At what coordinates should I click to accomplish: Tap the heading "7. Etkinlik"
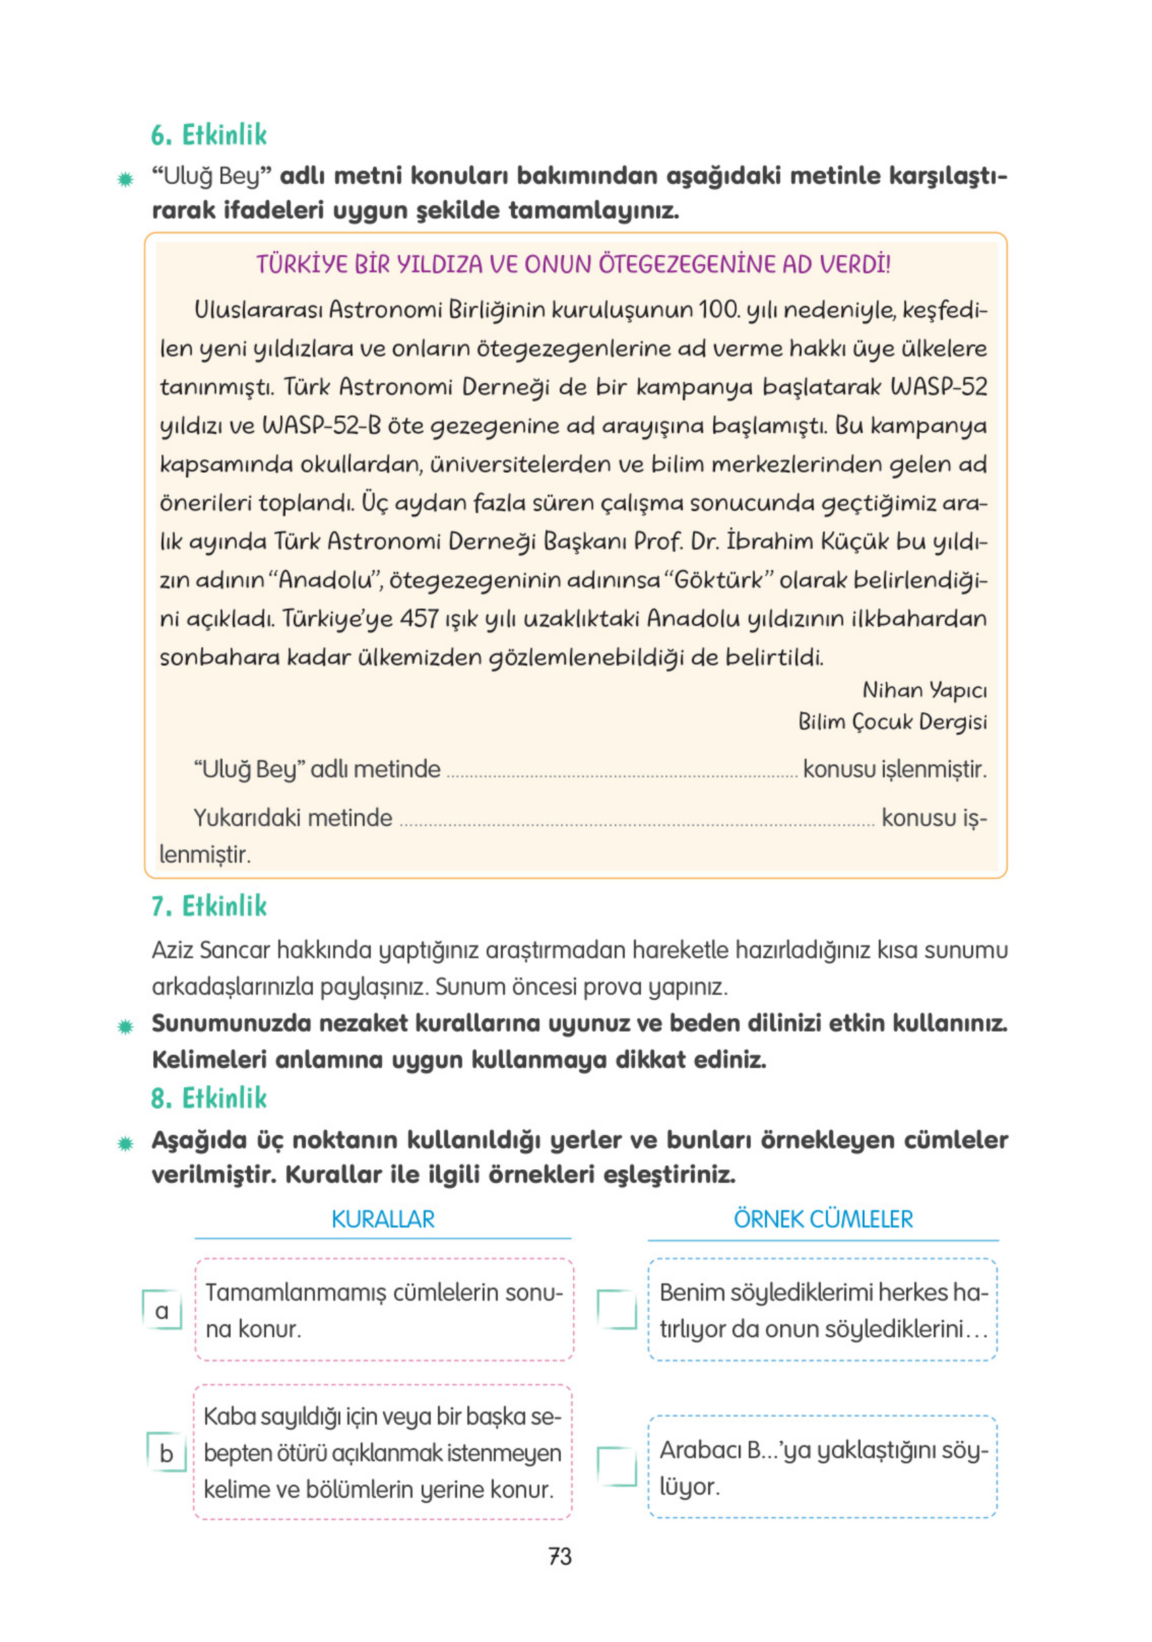(208, 906)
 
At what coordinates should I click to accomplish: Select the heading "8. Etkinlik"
(208, 1098)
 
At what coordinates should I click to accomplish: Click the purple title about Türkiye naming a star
(574, 265)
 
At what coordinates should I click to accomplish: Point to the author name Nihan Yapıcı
(924, 690)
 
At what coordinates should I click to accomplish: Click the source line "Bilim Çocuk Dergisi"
(892, 721)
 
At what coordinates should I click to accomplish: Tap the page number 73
(560, 1556)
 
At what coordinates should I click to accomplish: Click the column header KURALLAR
(383, 1219)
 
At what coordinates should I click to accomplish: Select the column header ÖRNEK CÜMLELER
(823, 1219)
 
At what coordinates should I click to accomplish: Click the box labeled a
(163, 1310)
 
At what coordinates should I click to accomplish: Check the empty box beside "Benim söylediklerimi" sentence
(616, 1310)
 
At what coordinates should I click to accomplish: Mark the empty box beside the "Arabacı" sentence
(616, 1467)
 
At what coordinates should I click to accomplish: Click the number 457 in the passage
(419, 618)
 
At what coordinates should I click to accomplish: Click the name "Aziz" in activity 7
(173, 950)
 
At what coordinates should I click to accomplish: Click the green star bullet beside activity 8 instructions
(125, 1144)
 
